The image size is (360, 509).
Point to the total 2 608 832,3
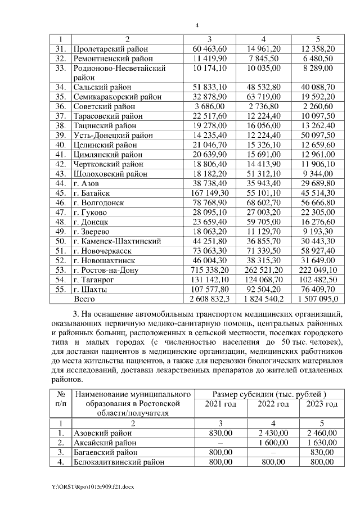coord(209,300)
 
